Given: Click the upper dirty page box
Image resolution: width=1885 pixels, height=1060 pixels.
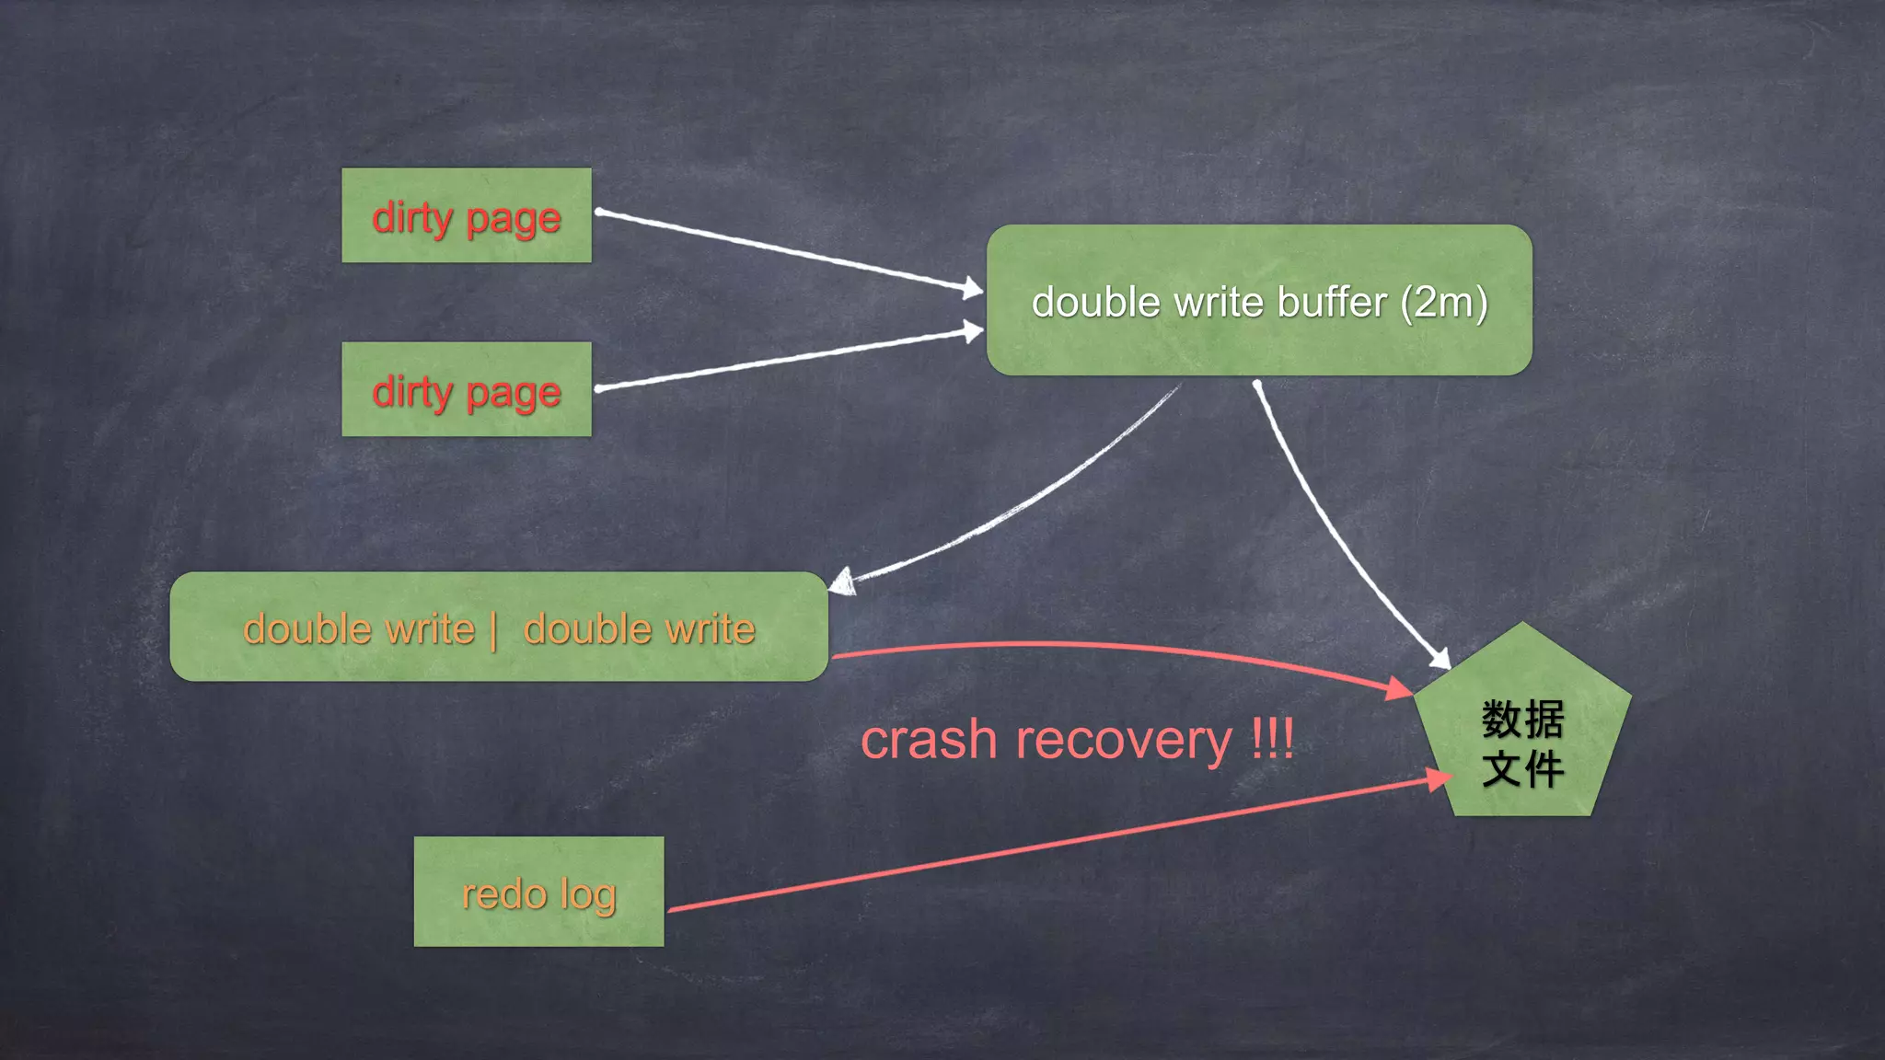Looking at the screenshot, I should (x=466, y=215).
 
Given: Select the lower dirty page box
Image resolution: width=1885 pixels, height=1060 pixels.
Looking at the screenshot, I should (x=466, y=389).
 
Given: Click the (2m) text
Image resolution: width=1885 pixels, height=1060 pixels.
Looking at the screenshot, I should (x=1443, y=303).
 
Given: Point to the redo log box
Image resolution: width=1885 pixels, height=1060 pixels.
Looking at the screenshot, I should (x=538, y=892).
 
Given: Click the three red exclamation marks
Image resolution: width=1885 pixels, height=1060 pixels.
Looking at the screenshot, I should (x=1273, y=738).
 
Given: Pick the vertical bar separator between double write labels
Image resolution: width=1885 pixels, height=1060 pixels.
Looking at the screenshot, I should (x=494, y=631).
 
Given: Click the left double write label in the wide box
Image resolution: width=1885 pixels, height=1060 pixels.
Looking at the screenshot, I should (x=359, y=629).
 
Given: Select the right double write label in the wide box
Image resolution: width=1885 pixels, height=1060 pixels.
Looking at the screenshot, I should (x=639, y=629).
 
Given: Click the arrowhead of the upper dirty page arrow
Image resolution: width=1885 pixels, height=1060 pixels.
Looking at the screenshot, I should (x=974, y=289).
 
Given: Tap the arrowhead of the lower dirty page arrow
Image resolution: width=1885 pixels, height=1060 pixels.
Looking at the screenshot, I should (x=974, y=331).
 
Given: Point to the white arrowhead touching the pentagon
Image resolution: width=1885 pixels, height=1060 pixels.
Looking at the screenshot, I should (x=1440, y=658).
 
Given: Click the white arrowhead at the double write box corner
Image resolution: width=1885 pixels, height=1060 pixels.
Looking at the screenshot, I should (x=841, y=582).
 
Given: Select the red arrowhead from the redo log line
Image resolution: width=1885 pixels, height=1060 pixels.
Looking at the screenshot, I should (x=1439, y=779).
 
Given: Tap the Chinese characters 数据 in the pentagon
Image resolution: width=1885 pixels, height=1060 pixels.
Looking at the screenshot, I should (x=1522, y=719).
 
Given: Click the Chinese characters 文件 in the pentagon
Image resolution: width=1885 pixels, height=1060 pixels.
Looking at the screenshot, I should (x=1522, y=768).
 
